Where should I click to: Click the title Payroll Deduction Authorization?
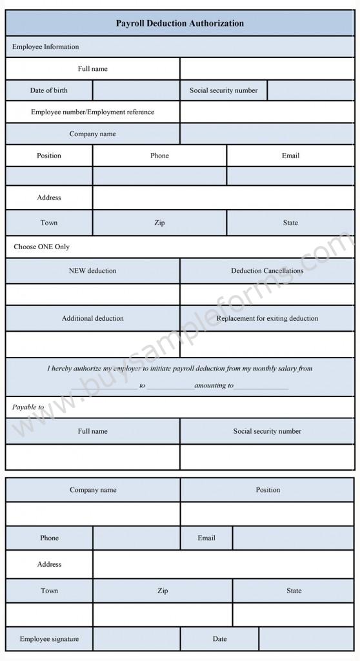179,23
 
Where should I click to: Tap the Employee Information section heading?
45,46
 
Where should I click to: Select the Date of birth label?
48,90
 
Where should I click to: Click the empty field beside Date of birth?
136,90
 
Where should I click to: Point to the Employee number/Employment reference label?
92,112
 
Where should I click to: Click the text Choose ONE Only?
41,247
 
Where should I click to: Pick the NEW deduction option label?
92,270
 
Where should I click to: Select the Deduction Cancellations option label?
267,270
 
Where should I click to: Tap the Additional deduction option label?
92,318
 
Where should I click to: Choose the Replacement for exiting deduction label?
267,318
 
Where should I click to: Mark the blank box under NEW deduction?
92,294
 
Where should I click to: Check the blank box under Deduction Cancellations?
267,294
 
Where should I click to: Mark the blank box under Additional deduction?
92,344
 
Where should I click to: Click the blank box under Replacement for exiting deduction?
267,344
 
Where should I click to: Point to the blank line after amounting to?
261,386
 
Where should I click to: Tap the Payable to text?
28,407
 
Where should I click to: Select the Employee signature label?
49,639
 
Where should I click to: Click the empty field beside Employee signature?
136,639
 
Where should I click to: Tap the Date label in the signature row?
219,639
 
